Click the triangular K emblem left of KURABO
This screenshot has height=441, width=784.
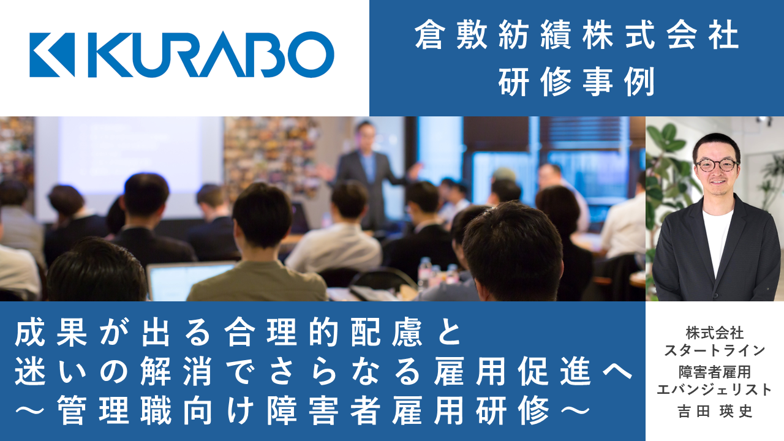tap(52, 55)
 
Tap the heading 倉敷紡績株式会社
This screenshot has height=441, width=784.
tap(576, 36)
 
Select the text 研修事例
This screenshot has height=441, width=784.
tap(576, 81)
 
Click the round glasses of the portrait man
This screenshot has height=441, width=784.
tap(717, 165)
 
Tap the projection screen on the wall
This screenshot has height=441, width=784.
tap(129, 154)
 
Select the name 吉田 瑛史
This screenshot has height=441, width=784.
tap(715, 411)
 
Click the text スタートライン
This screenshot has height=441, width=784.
tap(715, 350)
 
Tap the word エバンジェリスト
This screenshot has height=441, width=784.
tap(715, 390)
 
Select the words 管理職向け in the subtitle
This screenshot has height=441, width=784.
tap(155, 410)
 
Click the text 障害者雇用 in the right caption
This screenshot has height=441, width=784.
tap(715, 372)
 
